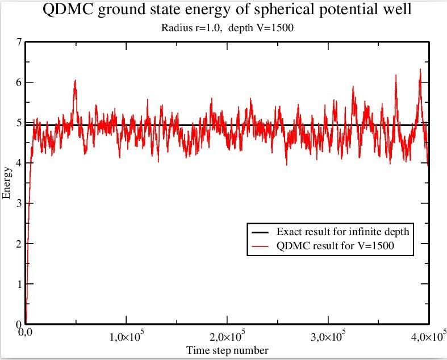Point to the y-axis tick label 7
(x=19, y=43)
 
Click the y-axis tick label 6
(x=19, y=83)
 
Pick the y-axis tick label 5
(x=19, y=123)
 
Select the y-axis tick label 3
(x=19, y=203)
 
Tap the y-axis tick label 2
(x=19, y=244)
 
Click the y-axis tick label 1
(x=19, y=284)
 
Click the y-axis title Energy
(x=7, y=182)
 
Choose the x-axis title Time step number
(x=228, y=350)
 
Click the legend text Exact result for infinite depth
(x=342, y=232)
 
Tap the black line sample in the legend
(x=260, y=232)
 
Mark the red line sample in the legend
(x=260, y=246)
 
